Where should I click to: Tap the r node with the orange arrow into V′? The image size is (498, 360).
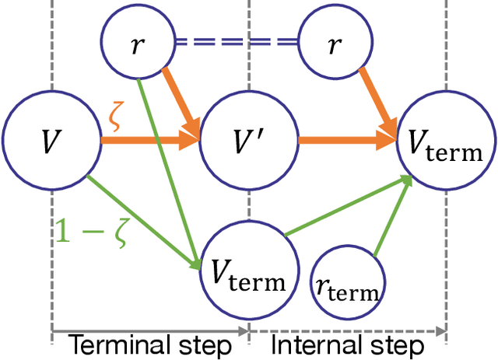click(x=136, y=44)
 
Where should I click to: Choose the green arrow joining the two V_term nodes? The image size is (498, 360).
click(x=346, y=206)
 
